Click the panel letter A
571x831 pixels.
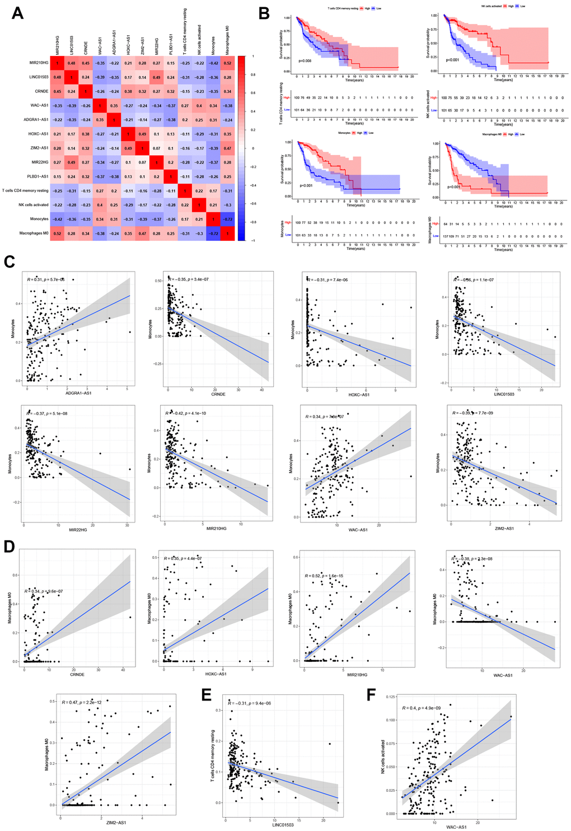coord(17,13)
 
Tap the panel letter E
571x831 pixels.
coord(207,695)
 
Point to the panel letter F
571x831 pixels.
coord(371,695)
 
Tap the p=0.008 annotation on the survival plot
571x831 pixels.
coord(305,60)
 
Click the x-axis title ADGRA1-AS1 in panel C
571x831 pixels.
coord(79,393)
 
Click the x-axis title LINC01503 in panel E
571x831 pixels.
coord(283,824)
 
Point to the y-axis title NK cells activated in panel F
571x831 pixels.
coord(383,756)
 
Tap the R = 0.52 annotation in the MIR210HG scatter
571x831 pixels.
coord(325,576)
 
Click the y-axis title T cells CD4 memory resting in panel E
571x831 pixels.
coord(213,757)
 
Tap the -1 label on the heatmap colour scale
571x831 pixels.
coord(252,241)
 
